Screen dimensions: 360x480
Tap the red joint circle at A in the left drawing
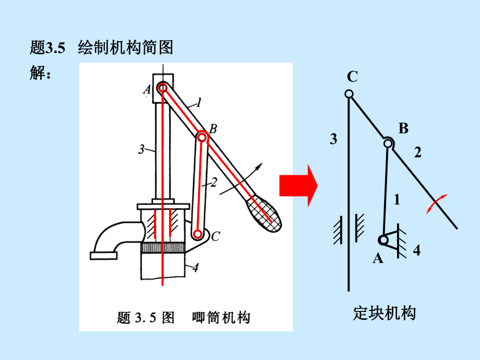coord(162,88)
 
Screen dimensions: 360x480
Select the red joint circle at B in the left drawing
coord(202,137)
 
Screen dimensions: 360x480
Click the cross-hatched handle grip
coord(265,213)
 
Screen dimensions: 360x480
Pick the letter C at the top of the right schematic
coord(352,77)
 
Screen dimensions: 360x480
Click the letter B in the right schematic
coord(403,128)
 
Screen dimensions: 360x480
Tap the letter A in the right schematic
coord(378,258)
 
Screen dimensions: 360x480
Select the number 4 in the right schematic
coord(416,250)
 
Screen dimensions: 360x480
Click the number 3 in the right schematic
coord(333,139)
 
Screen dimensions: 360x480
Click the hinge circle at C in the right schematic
coord(349,94)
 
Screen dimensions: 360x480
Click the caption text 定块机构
coord(385,314)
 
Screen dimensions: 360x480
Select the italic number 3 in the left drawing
coord(141,150)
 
